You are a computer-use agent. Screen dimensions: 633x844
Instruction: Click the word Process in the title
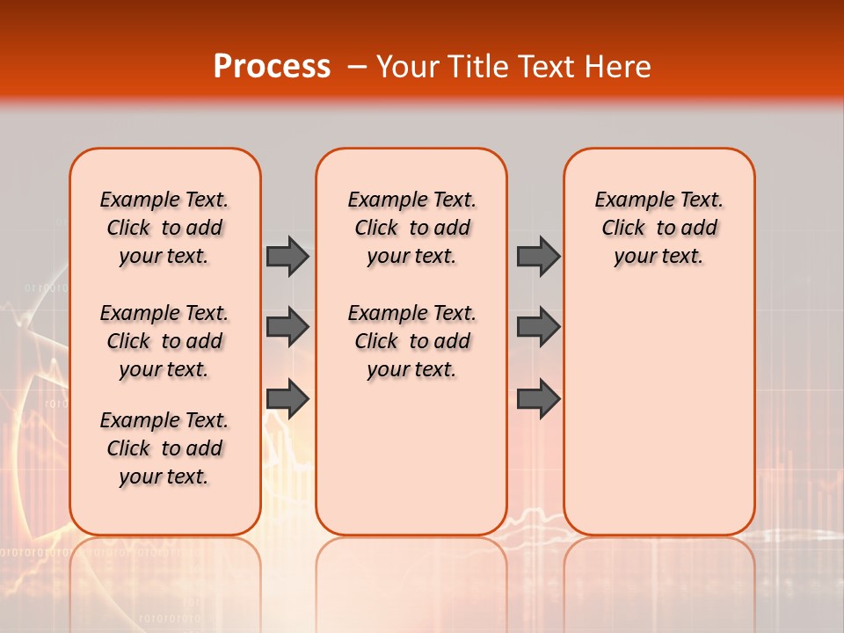(272, 67)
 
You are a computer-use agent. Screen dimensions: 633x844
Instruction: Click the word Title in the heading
(473, 67)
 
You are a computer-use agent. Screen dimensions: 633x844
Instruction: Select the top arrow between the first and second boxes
(287, 256)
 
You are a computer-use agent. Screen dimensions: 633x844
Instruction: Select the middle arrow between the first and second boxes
(287, 327)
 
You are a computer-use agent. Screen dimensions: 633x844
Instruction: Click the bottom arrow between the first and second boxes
(287, 398)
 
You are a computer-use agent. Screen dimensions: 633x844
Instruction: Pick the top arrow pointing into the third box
(538, 256)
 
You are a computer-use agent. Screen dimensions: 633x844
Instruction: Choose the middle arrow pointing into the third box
(538, 327)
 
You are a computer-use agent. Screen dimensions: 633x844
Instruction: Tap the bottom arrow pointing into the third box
(538, 398)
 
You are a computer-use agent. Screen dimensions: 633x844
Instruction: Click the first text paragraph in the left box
(164, 228)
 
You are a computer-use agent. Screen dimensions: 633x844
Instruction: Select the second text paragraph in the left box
(164, 341)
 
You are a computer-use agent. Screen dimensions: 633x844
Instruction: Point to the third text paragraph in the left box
(164, 448)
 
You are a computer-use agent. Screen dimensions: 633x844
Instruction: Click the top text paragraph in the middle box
(411, 228)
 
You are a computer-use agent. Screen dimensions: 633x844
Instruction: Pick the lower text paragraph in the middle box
(411, 341)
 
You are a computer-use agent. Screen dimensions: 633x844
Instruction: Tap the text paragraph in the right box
(658, 228)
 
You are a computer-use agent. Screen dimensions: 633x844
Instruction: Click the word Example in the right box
(628, 200)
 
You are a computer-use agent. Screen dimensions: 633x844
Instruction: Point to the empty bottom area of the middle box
(411, 466)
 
